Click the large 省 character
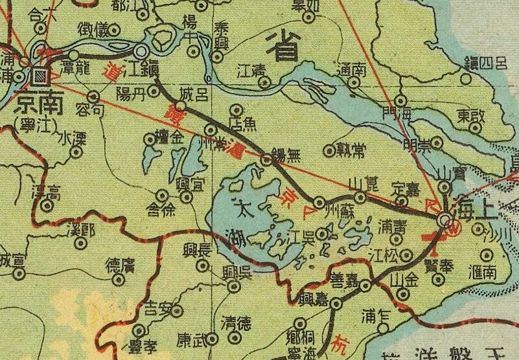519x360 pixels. coord(283,45)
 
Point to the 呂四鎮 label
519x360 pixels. coord(485,63)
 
